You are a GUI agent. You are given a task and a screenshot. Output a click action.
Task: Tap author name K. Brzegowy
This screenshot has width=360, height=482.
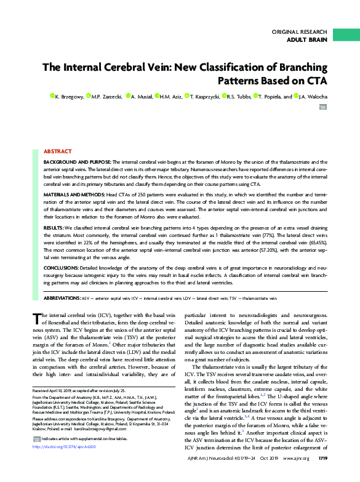point(70,97)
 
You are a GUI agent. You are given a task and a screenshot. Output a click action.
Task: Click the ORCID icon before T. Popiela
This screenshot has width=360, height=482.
point(255,97)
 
